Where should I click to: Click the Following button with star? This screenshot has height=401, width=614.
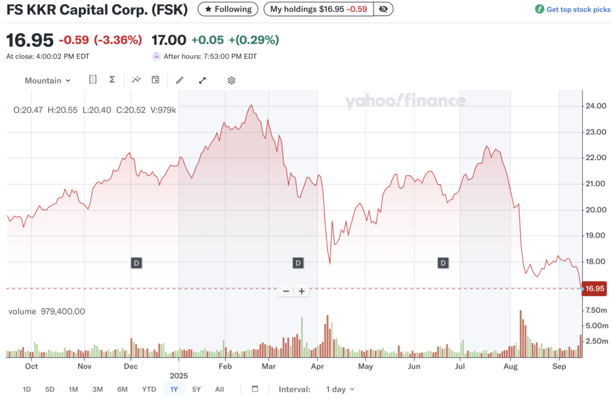pos(228,9)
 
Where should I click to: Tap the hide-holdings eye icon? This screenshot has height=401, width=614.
pos(383,9)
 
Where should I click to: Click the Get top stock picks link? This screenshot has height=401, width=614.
pos(573,10)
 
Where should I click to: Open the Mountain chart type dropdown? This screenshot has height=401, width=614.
pos(47,80)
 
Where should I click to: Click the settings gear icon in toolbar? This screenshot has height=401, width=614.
pos(231,80)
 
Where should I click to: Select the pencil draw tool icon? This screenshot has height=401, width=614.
pos(179,80)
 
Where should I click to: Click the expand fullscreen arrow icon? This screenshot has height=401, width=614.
pos(202,80)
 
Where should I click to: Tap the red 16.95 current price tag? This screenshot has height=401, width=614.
pos(595,289)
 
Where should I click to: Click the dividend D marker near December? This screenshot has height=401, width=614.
pos(136,263)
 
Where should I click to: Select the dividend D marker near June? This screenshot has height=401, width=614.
pos(443,263)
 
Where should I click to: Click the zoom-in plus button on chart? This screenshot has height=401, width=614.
pos(302,291)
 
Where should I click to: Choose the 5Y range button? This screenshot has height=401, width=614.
pos(197,390)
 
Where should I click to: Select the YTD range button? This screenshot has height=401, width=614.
pos(149,390)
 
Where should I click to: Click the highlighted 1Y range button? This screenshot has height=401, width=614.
pos(174,390)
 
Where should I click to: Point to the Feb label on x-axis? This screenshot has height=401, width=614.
pos(225,366)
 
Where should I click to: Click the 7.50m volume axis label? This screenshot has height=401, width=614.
pos(597,310)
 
